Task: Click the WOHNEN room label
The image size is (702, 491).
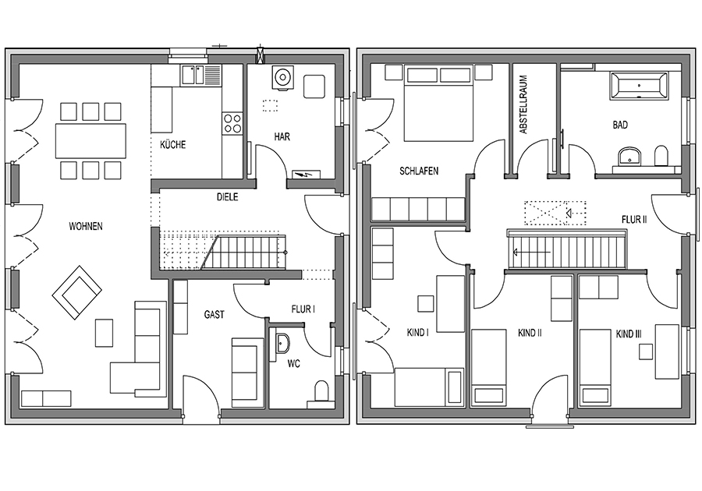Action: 86,226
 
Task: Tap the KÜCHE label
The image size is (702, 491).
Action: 173,145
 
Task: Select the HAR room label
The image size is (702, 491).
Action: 282,136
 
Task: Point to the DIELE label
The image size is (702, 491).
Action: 228,197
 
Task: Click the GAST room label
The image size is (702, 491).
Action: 214,315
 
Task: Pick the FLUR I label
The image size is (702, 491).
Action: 303,309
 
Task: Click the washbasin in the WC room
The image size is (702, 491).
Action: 282,344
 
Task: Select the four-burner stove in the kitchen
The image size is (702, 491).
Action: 232,123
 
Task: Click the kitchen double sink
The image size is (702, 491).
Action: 201,75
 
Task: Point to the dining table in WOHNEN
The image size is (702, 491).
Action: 90,141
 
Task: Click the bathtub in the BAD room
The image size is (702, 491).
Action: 639,85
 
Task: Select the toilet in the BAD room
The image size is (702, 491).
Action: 661,156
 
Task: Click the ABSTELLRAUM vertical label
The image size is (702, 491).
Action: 523,104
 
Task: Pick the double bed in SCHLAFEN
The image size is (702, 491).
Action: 438,104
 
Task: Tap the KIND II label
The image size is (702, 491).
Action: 530,333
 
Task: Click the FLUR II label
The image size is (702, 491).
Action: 634,220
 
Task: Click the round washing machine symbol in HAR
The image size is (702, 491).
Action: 282,77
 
